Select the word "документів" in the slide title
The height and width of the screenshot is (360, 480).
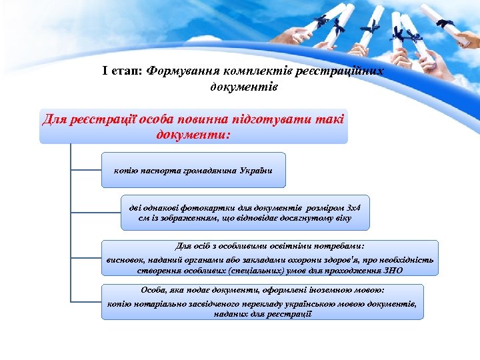click(x=244, y=87)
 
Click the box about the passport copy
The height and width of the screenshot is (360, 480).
click(x=193, y=170)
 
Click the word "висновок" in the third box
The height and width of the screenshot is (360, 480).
click(x=126, y=259)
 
